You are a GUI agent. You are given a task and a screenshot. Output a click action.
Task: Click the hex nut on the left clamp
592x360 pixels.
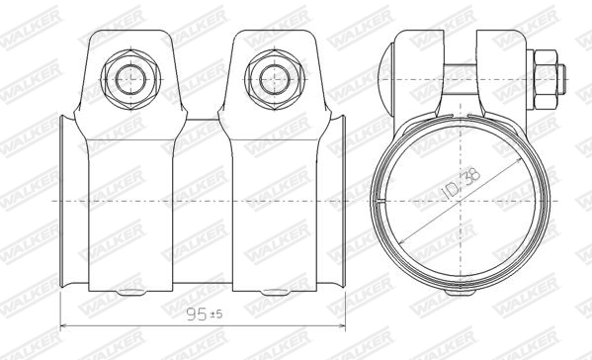tap(130, 75)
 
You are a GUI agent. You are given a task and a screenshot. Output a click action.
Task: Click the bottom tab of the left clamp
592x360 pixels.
tap(130, 293)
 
